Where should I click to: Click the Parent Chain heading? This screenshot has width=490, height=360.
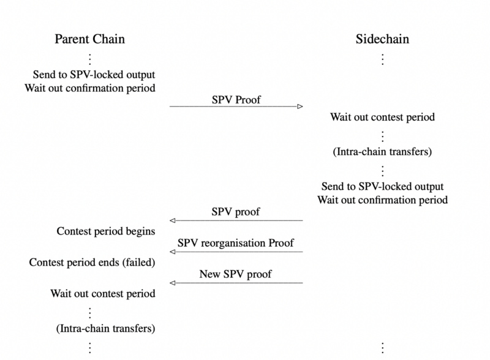pos(89,39)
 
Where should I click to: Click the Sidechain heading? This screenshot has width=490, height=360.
pos(382,39)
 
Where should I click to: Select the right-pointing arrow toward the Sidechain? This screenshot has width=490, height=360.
pos(236,107)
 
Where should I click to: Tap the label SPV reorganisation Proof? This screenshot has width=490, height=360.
pos(236,242)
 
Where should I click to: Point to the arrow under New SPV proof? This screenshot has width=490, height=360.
pos(236,282)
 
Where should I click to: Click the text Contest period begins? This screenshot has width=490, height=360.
pos(105,231)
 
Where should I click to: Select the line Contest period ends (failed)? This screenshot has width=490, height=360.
pos(92,263)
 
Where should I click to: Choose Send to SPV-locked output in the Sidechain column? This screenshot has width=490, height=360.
pos(382,186)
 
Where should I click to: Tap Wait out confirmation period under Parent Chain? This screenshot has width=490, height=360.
pos(90,88)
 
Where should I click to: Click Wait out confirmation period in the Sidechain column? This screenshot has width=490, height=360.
pos(382,200)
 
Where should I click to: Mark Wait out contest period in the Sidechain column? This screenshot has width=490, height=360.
pos(382,117)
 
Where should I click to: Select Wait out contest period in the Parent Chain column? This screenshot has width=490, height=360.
pos(103,294)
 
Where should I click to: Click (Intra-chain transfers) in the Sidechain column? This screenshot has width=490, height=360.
pos(382,151)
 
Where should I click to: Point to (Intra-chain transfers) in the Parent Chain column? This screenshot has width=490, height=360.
pos(105,328)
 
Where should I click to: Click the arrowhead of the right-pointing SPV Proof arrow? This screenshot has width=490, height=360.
pos(300,107)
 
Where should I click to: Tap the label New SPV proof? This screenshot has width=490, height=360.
pos(236,274)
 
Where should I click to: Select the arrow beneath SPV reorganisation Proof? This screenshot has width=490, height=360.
pos(236,252)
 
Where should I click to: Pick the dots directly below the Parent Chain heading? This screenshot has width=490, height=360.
pos(89,59)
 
